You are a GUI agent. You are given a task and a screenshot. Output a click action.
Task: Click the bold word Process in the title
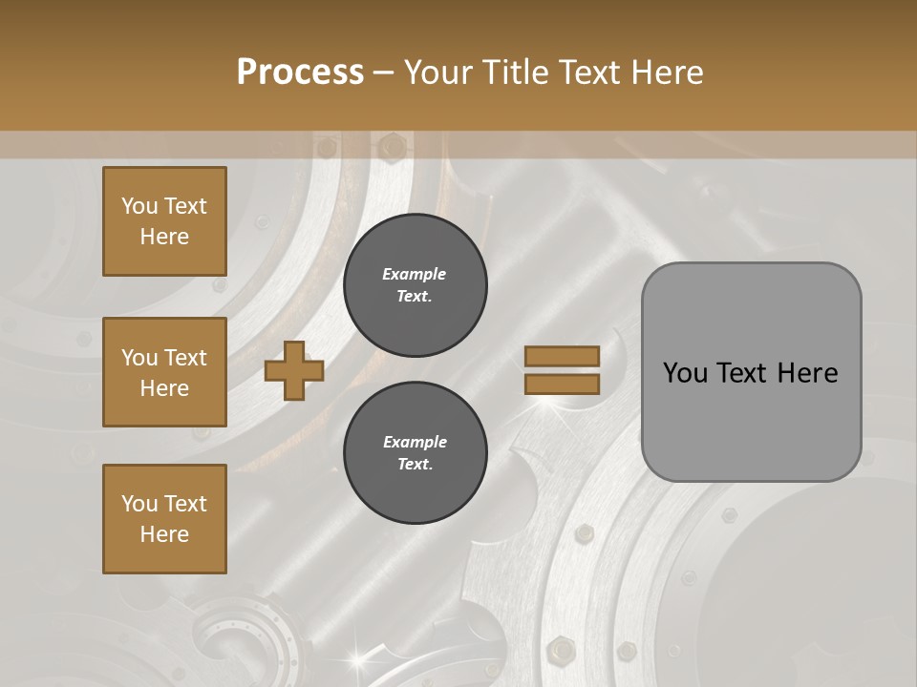(x=300, y=73)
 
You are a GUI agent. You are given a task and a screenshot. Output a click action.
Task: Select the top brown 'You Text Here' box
(x=164, y=221)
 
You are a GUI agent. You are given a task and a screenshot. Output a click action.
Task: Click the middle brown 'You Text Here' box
(x=164, y=372)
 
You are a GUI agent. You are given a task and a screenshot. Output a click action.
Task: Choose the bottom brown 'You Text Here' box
(x=164, y=519)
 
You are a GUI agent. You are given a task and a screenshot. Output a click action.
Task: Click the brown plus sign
(x=294, y=370)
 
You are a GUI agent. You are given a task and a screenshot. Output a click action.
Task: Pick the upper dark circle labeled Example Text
(x=415, y=285)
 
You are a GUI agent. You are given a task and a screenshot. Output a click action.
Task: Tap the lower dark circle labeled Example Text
(x=415, y=453)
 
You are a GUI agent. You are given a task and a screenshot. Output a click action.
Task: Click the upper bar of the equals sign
(x=563, y=356)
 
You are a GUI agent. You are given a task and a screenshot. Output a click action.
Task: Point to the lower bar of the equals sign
(x=563, y=384)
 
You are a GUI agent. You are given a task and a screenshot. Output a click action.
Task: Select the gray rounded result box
(x=751, y=371)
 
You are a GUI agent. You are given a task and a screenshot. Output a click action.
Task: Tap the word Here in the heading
(x=669, y=73)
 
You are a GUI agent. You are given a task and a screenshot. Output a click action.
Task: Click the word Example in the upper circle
(x=415, y=274)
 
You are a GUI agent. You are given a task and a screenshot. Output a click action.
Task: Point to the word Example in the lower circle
(x=415, y=442)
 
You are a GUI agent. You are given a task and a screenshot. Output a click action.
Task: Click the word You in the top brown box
(x=139, y=206)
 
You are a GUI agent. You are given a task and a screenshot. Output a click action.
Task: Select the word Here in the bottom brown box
(x=164, y=534)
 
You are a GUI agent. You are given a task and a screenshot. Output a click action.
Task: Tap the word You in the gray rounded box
(x=685, y=373)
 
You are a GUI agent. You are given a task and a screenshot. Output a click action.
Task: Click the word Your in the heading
(x=438, y=73)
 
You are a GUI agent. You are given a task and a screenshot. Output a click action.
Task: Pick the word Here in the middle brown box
(x=164, y=388)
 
